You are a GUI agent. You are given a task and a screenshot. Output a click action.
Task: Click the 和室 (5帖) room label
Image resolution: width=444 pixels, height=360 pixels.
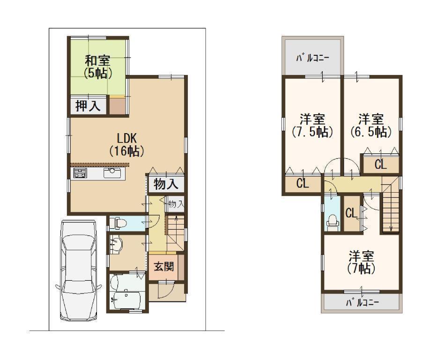click(98, 67)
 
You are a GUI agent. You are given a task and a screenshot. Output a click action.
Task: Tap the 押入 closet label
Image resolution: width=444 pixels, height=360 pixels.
click(88, 106)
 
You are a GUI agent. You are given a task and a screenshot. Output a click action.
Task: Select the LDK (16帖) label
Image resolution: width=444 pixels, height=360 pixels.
click(127, 145)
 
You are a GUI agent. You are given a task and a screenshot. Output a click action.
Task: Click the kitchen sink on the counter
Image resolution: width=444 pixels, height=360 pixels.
click(112, 172)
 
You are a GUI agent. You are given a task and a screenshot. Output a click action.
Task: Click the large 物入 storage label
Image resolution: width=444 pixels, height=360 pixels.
click(166, 184)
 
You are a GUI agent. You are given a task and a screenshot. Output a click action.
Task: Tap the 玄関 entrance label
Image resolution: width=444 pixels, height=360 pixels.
click(164, 266)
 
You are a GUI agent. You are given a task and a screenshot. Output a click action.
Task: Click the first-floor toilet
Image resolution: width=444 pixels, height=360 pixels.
click(118, 223)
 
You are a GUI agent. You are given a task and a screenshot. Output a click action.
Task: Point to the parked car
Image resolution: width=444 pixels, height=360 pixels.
click(78, 271)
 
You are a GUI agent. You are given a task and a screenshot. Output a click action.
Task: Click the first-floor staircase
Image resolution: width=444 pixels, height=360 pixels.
click(176, 232)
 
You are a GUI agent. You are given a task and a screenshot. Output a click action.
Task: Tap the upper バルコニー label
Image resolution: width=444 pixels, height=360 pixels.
click(312, 59)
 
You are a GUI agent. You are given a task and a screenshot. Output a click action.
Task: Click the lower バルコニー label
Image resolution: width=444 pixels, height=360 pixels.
click(362, 303)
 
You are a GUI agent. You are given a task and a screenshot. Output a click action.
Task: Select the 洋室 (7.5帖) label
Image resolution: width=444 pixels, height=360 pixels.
click(312, 125)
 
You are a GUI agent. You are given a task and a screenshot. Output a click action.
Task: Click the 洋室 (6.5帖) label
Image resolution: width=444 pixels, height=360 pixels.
click(371, 125)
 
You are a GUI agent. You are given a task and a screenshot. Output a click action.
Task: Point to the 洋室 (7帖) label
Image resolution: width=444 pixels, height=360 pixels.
click(361, 262)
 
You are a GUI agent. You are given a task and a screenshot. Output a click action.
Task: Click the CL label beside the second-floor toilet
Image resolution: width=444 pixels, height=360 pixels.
click(351, 213)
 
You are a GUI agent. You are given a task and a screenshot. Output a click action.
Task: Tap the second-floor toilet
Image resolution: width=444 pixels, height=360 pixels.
click(333, 221)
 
